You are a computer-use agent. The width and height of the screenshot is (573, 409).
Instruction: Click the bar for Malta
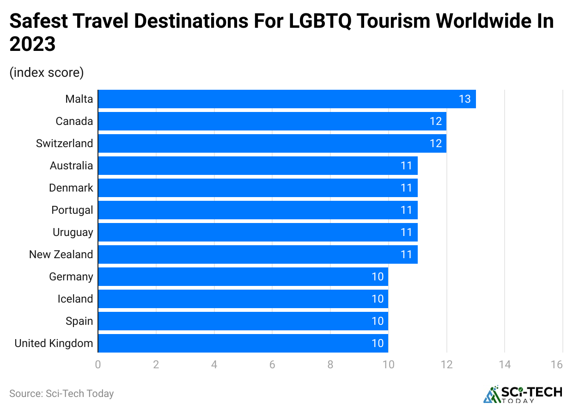286,99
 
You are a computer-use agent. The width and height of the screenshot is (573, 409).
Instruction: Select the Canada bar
272,121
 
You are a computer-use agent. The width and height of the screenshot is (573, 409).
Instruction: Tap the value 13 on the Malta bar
464,99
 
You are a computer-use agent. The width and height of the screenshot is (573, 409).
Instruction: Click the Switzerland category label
65,143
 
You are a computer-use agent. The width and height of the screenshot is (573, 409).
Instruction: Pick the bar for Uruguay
257,232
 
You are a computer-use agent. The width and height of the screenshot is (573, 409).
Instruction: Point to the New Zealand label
61,254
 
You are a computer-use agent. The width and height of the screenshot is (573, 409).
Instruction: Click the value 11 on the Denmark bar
406,188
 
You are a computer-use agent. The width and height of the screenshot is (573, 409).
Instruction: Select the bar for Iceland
243,299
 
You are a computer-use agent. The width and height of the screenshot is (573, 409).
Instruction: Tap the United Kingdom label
54,343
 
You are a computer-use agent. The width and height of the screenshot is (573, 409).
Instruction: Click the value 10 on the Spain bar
378,321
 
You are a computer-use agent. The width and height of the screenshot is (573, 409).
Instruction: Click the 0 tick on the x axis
98,365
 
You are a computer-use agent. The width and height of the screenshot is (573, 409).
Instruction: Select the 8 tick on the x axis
330,365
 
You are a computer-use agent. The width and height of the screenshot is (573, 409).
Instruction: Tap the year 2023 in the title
32,44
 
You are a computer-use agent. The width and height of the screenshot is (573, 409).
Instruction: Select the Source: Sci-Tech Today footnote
61,394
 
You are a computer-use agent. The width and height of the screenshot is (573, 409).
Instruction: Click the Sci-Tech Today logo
523,394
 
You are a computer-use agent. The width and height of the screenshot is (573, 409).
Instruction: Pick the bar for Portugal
257,210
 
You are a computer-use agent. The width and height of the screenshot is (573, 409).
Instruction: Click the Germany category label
71,277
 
